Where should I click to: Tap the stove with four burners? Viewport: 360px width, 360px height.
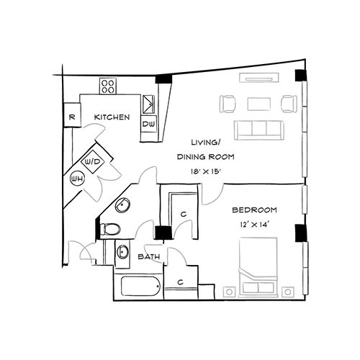point(109,86)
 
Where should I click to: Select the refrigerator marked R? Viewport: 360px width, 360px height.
point(72,117)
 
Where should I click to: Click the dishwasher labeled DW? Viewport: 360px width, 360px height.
point(148,125)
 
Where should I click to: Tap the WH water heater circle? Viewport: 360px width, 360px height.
point(76,178)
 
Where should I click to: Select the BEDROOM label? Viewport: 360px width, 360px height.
point(255,210)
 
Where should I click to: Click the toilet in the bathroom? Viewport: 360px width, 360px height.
point(111,229)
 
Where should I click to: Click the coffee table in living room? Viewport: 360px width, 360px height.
point(258,104)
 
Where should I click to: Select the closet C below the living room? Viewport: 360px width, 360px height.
point(184,214)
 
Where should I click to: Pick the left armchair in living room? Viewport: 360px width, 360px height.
point(226,104)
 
